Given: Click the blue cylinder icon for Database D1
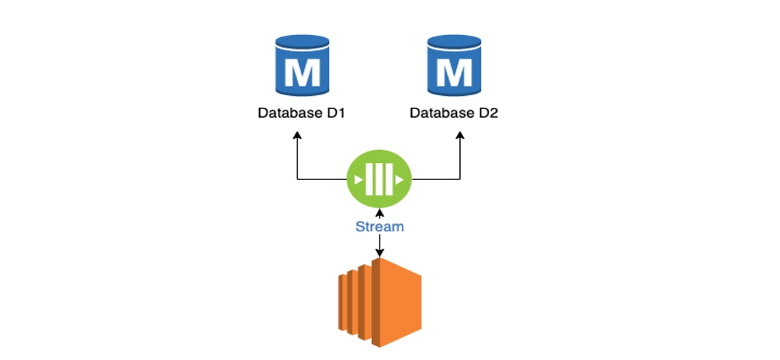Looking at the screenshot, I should [x=302, y=66].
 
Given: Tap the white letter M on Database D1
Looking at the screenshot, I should [x=302, y=73].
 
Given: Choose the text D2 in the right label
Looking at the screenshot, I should [x=487, y=113].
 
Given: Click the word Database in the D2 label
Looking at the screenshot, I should [x=440, y=113].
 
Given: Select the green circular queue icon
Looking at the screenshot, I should [x=379, y=179].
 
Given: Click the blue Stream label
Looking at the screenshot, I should [x=379, y=226].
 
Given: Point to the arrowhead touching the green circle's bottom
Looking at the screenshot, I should [x=379, y=212].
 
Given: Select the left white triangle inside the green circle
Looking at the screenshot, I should [x=359, y=179].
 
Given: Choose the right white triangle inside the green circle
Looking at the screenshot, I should [x=399, y=179].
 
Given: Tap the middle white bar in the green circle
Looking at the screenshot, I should [x=379, y=179].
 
